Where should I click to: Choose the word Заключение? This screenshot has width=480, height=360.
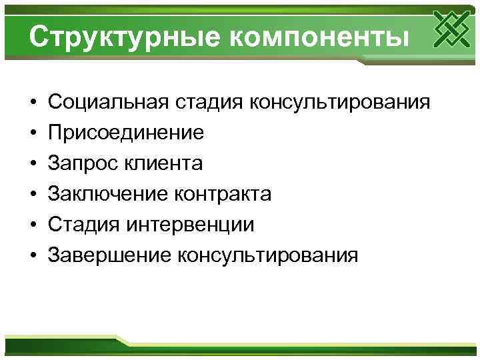107,194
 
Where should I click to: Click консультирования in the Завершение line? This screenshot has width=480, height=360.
266,255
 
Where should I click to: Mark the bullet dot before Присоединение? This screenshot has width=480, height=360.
32,133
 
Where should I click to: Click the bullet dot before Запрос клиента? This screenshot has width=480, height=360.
32,164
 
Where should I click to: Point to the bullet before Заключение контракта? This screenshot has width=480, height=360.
32,195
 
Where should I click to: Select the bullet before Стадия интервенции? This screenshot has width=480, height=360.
32,225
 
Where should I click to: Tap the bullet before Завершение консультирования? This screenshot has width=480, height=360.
32,256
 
